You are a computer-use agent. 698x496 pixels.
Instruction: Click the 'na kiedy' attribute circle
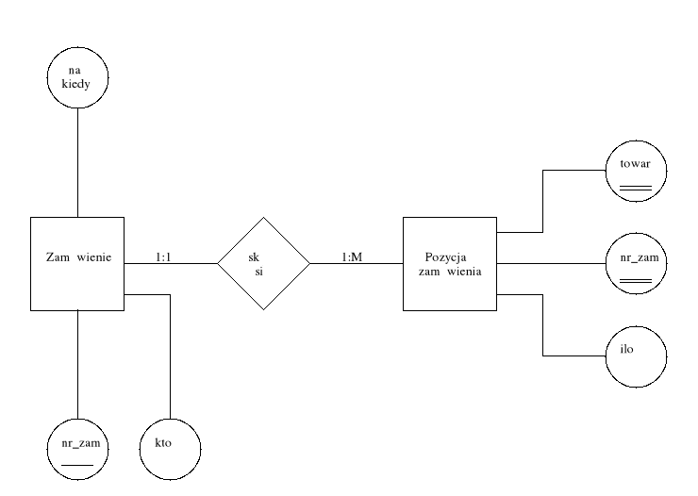[76, 78]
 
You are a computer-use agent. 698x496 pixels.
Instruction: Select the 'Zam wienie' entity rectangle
[76, 263]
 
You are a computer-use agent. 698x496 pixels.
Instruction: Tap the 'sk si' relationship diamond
[263, 263]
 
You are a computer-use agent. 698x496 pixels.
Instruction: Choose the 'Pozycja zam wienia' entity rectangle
[449, 263]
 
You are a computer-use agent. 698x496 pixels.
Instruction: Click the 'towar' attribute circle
[636, 171]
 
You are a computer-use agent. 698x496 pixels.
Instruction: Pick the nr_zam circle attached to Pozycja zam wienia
[636, 263]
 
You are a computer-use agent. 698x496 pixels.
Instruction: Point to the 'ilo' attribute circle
[636, 355]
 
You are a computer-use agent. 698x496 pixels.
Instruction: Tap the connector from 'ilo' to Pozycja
[543, 325]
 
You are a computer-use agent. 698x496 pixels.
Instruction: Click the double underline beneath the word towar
[636, 189]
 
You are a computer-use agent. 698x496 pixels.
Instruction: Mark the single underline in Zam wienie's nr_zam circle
[76, 465]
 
